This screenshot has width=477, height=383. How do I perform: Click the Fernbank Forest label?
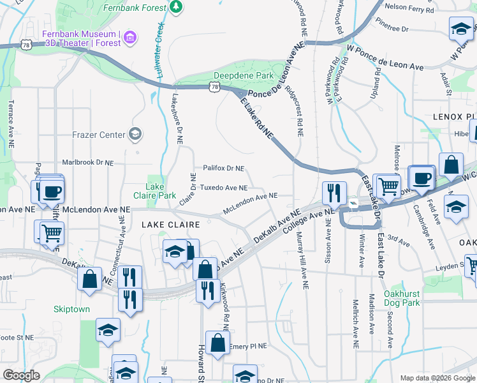(x=134, y=6)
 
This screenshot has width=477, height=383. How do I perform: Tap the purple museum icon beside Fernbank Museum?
(x=131, y=37)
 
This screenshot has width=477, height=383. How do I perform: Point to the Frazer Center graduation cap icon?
(x=135, y=134)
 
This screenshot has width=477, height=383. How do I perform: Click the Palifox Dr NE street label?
(x=223, y=169)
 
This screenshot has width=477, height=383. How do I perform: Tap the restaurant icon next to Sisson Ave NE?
(x=334, y=193)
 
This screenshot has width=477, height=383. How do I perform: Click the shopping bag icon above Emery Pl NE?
(x=218, y=342)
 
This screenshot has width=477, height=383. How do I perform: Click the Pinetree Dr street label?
(x=392, y=29)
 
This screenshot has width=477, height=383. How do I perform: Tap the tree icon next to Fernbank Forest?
(x=175, y=6)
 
